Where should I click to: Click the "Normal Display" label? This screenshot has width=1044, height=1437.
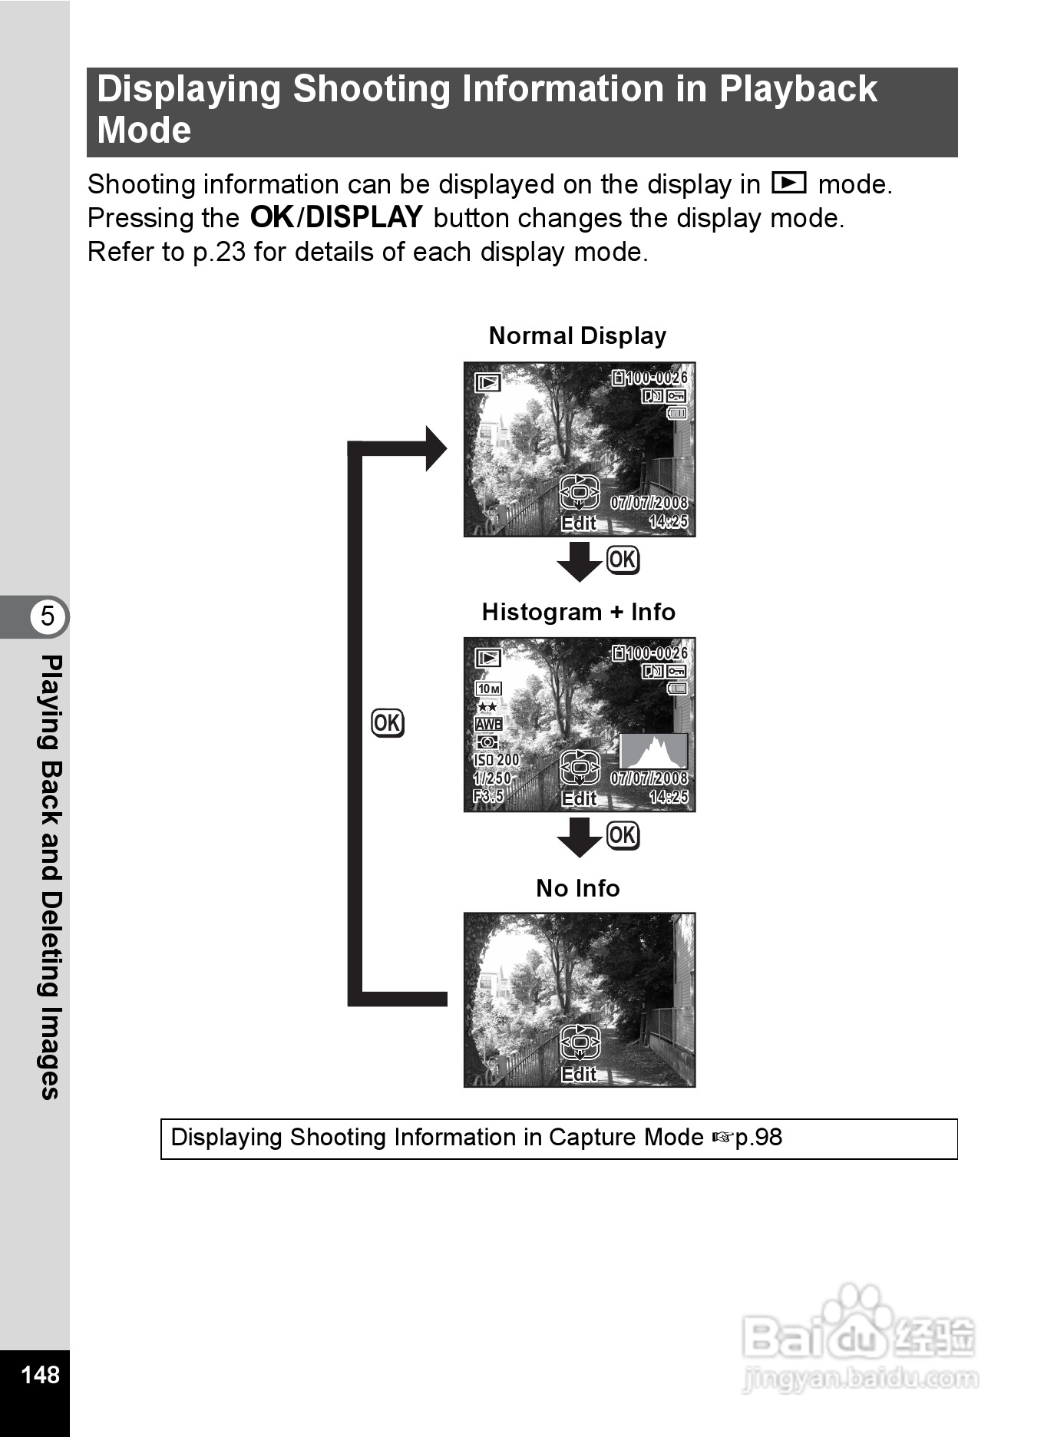(x=577, y=335)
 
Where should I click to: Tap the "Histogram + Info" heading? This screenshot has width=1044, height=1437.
(x=578, y=612)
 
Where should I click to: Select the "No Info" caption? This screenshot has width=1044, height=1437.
(x=577, y=888)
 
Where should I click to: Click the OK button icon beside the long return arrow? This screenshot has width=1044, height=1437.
(x=388, y=723)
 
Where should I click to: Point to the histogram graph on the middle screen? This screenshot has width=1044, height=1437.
(x=653, y=751)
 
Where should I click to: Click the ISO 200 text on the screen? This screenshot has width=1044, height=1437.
(x=496, y=760)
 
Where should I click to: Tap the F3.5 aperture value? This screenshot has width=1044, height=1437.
(x=488, y=796)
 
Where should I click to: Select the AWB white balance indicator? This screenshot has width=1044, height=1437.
(x=488, y=724)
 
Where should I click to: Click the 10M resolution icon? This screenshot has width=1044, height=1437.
(x=488, y=689)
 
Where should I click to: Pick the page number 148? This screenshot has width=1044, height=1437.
(x=40, y=1374)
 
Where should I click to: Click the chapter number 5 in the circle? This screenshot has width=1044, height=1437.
(x=48, y=616)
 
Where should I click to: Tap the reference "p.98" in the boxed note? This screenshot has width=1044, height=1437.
(x=758, y=1137)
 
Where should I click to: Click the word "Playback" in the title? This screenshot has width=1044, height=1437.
(x=798, y=89)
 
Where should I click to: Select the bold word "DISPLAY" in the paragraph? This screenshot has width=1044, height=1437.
(x=364, y=218)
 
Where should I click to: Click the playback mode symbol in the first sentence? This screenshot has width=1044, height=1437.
(x=788, y=183)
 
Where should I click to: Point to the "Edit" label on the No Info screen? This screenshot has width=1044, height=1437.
(x=579, y=1074)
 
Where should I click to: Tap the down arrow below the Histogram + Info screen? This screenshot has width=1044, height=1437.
(x=579, y=837)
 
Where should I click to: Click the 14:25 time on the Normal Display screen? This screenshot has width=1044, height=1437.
(x=668, y=522)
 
